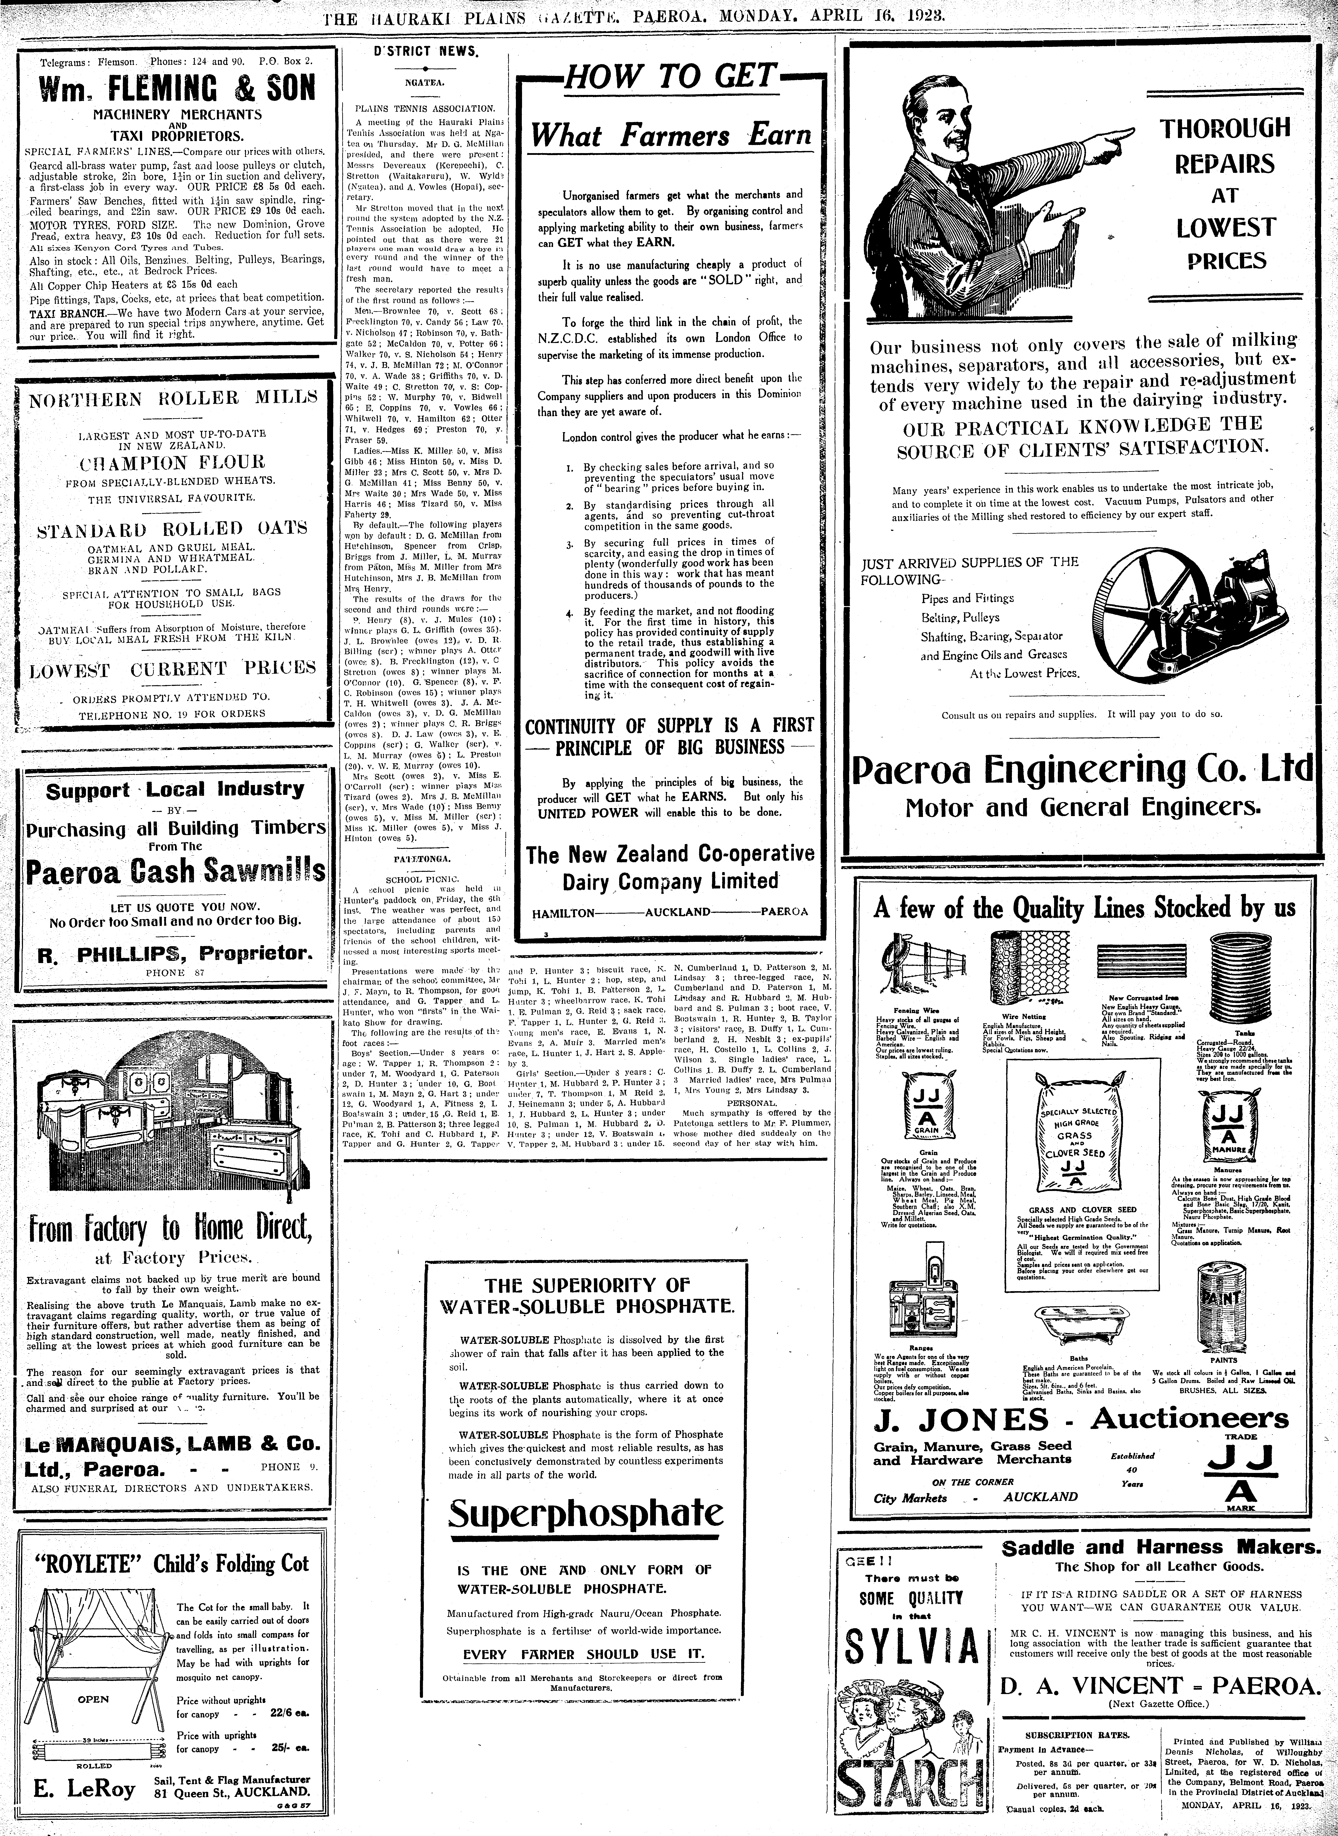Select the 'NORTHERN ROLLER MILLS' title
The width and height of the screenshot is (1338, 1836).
173,399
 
